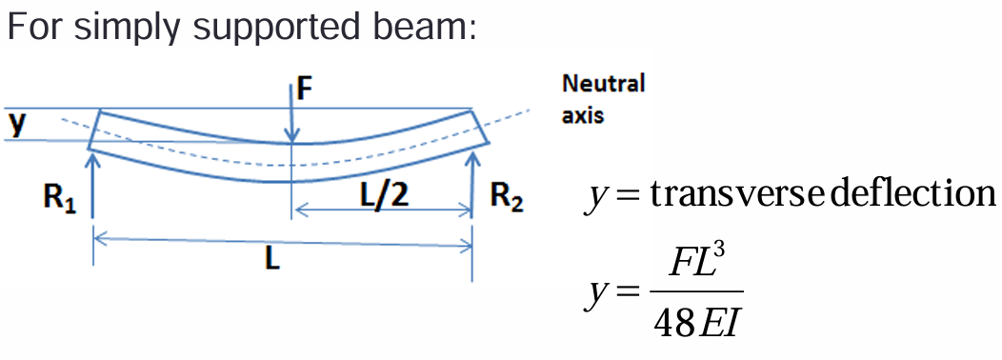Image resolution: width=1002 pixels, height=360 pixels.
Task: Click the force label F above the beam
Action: point(304,90)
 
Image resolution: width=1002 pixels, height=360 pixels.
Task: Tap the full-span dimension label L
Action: point(273,260)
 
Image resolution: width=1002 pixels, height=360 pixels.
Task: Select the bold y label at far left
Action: point(15,123)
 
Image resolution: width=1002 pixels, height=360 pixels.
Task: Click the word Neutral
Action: point(603,84)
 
